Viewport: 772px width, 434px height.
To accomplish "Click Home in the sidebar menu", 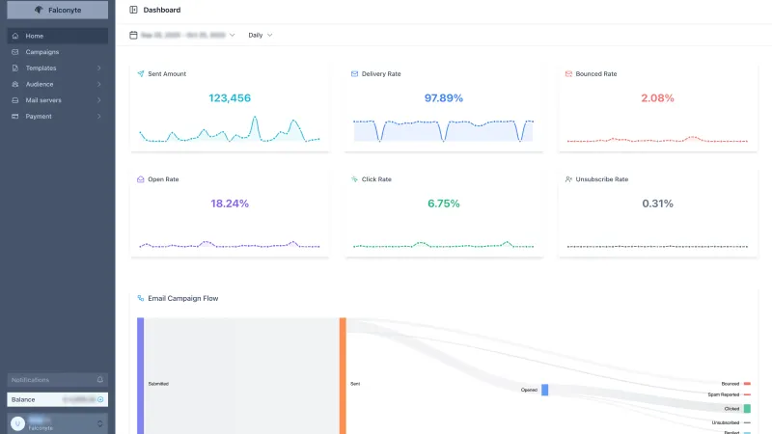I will [x=35, y=36].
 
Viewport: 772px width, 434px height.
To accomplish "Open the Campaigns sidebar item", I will [x=41, y=52].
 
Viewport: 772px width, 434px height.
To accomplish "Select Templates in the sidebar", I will [x=41, y=68].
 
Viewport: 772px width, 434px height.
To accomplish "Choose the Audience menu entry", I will [x=40, y=84].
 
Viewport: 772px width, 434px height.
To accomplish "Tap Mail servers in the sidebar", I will [x=44, y=100].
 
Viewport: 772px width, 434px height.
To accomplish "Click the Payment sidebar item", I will [x=39, y=117].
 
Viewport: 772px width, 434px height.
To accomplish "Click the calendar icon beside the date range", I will [x=133, y=35].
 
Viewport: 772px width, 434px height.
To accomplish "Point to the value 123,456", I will [x=230, y=98].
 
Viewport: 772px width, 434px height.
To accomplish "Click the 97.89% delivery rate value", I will [x=444, y=98].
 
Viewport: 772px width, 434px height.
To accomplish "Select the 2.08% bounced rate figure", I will [x=658, y=98].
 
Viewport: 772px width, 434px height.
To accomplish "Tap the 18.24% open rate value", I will [x=230, y=203].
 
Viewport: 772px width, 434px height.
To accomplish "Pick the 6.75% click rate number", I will [x=444, y=203].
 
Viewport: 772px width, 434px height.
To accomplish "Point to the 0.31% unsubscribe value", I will [x=658, y=203].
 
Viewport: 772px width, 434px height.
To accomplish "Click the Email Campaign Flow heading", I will [x=182, y=298].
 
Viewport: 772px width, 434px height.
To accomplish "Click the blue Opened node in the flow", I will [x=544, y=390].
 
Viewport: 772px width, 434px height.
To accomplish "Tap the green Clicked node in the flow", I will [x=747, y=409].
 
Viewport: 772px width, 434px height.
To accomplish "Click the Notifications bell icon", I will [x=100, y=380].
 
